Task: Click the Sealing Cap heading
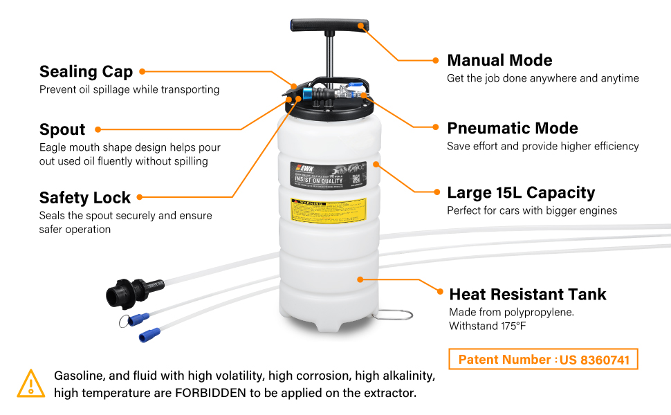86,71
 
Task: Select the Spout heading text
62,129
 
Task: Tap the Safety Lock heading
84,198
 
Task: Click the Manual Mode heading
499,60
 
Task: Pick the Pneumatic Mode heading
512,128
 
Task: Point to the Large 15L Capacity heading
520,192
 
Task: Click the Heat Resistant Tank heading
527,294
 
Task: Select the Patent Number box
543,360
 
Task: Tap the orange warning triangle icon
30,383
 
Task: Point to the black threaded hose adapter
125,290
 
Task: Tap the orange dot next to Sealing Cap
142,71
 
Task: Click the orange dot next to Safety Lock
140,197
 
